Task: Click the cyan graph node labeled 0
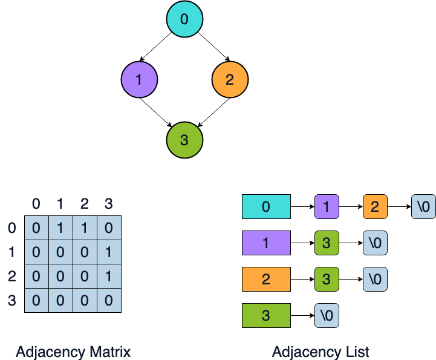[184, 19]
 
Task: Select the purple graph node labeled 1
[139, 79]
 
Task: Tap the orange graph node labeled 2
[230, 79]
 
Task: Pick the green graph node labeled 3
[184, 140]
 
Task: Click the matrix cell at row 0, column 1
[60, 228]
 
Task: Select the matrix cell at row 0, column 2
[85, 228]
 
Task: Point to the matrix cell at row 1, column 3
[109, 252]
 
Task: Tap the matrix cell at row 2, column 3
[109, 277]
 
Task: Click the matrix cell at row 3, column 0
[36, 300]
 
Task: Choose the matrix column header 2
[85, 204]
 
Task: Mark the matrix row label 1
[11, 252]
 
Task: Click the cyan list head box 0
[266, 207]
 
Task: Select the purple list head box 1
[266, 243]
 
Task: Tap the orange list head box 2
[266, 280]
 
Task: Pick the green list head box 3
[266, 316]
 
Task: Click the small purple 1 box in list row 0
[327, 207]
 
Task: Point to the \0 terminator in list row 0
[423, 207]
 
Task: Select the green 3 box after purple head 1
[327, 243]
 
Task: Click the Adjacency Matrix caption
[73, 352]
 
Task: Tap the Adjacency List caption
[320, 352]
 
